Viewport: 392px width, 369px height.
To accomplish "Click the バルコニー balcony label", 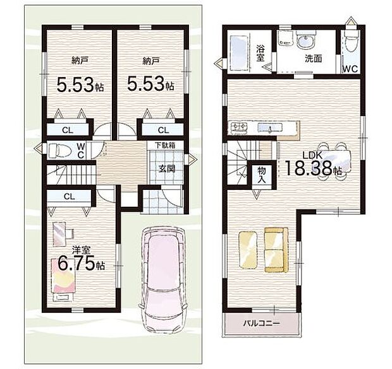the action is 262,324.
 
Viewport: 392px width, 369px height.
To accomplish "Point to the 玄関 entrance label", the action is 167,169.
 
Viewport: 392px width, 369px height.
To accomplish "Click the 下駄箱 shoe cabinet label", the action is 165,145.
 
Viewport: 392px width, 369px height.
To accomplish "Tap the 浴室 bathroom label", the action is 260,53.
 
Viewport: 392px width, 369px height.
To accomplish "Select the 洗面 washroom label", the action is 313,59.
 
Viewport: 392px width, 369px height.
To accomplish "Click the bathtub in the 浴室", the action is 238,52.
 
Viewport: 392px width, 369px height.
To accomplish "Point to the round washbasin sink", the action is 303,41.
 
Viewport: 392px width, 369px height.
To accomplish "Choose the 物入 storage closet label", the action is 262,175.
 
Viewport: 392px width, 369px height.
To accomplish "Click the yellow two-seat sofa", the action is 276,250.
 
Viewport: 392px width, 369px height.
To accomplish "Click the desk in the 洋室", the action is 59,234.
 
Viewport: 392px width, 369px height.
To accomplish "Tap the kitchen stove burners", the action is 239,127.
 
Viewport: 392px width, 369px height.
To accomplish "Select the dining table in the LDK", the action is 333,161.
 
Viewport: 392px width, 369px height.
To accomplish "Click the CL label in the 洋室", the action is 70,197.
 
